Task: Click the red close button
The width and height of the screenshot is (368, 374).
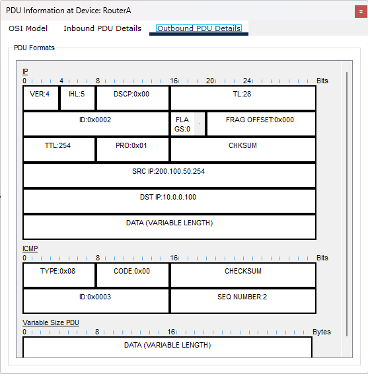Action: [361, 11]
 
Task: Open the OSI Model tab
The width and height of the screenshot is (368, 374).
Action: [28, 28]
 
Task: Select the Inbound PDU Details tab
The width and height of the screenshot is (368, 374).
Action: [102, 28]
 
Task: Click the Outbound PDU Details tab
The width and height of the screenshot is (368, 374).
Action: [199, 28]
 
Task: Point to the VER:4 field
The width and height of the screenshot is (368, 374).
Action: [41, 98]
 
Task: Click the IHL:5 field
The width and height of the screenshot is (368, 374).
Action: [77, 98]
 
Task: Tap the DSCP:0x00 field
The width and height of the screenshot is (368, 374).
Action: [133, 98]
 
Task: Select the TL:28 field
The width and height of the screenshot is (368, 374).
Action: [243, 98]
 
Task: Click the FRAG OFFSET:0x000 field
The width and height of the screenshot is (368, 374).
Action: [261, 124]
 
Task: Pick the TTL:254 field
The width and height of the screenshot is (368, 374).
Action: [59, 149]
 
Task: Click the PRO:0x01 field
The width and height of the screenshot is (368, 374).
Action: [133, 149]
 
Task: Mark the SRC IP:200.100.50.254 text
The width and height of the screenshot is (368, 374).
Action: [168, 171]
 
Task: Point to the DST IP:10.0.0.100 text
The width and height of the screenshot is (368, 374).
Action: [168, 197]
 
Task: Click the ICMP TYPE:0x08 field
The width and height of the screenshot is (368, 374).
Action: [59, 275]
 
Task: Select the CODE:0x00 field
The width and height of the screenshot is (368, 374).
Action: [133, 275]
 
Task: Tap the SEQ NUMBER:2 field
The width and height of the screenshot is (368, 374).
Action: [243, 301]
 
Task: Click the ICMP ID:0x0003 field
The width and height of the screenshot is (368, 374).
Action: [96, 301]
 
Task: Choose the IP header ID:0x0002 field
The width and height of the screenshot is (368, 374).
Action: [96, 124]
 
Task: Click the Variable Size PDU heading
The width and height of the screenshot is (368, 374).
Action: [51, 322]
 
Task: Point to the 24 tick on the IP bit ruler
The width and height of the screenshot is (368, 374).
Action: [247, 81]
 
